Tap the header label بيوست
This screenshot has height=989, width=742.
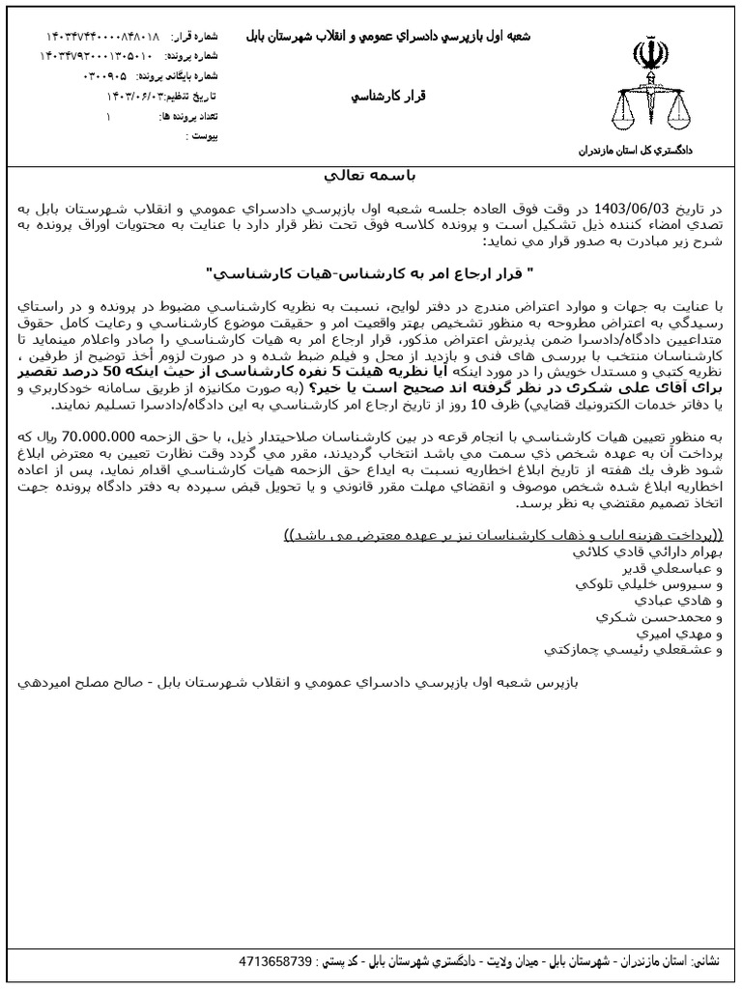point(202,136)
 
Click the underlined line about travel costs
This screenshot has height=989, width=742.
point(505,537)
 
